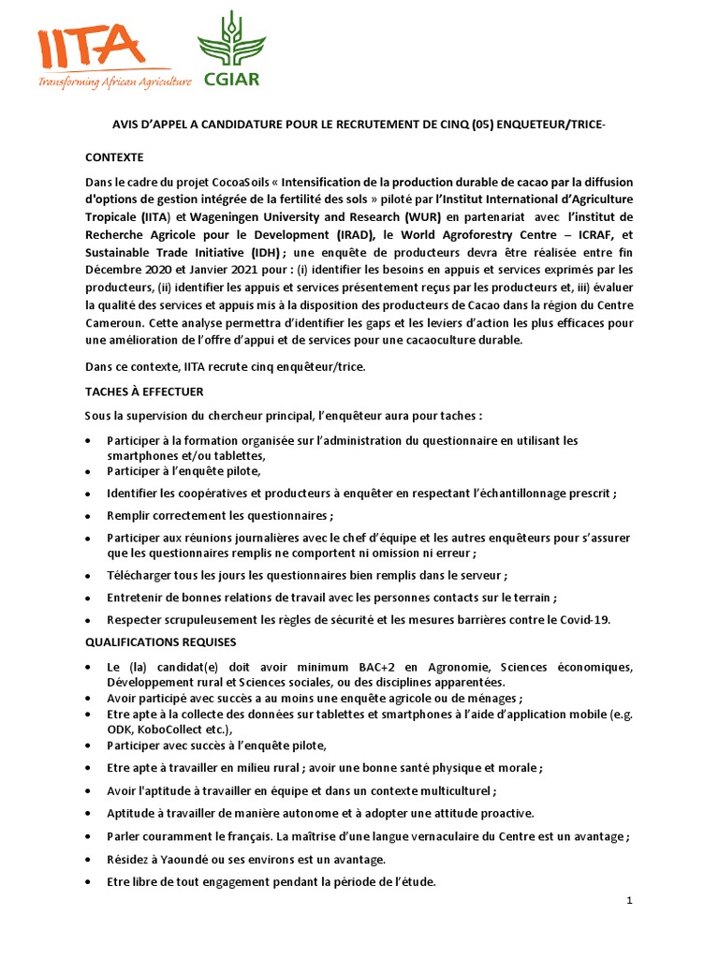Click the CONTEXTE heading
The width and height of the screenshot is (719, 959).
pyautogui.click(x=114, y=156)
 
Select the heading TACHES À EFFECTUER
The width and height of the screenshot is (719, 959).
pyautogui.click(x=144, y=391)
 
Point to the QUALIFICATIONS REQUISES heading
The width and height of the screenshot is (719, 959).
pyautogui.click(x=161, y=642)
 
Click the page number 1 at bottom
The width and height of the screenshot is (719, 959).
pyautogui.click(x=630, y=900)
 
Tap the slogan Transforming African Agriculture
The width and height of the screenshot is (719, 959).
pyautogui.click(x=114, y=82)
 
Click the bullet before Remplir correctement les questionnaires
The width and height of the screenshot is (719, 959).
pyautogui.click(x=88, y=516)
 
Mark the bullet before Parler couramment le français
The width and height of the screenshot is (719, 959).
pyautogui.click(x=88, y=836)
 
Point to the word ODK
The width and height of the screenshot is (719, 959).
pyautogui.click(x=121, y=729)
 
